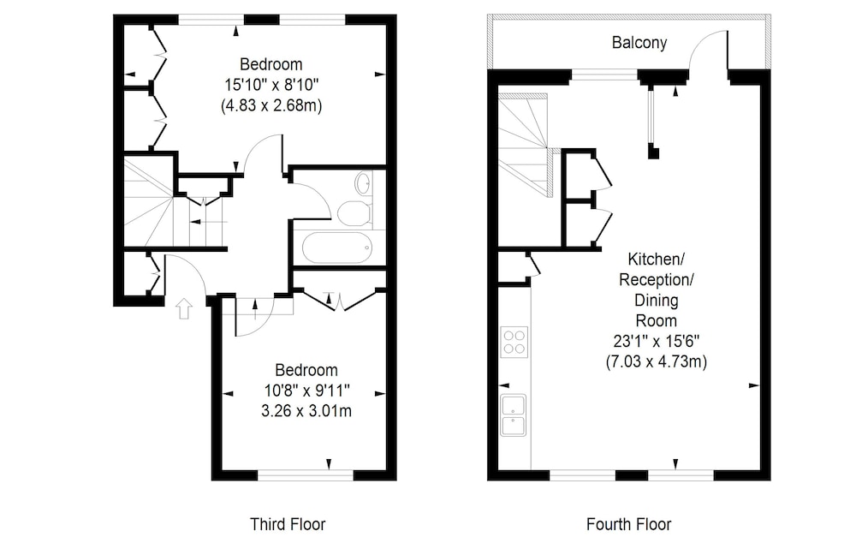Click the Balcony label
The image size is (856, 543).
click(639, 43)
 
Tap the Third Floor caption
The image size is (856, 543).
click(288, 524)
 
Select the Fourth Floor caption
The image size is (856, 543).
click(629, 524)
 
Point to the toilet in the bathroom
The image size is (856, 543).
click(355, 213)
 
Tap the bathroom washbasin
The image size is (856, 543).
click(364, 183)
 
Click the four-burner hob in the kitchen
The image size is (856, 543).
click(514, 342)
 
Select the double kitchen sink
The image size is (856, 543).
click(513, 415)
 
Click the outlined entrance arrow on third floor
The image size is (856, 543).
click(184, 308)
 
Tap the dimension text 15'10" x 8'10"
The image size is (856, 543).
click(271, 85)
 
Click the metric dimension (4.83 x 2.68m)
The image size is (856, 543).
click(271, 104)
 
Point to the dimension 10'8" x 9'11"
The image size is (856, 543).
click(306, 391)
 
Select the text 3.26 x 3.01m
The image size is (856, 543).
click(306, 411)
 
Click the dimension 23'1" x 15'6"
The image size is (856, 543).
click(657, 342)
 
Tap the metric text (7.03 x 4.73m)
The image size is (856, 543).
click(657, 361)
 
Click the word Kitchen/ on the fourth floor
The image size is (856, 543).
click(657, 259)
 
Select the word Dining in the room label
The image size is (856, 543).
click(657, 301)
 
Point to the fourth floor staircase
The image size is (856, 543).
click(525, 145)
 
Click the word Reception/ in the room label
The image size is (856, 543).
click(657, 280)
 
